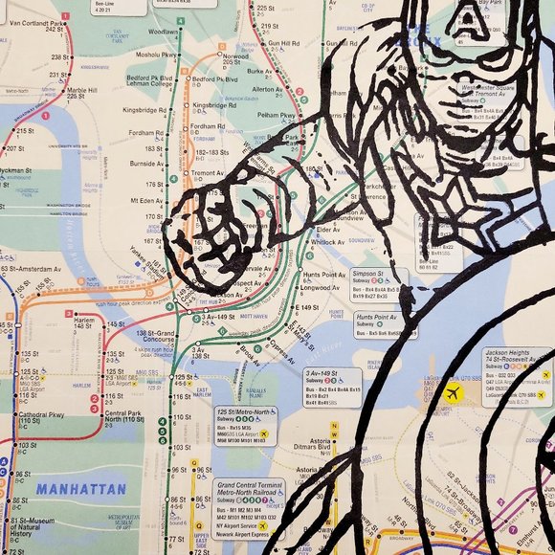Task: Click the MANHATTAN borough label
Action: tap(81, 489)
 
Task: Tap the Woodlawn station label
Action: tap(163, 32)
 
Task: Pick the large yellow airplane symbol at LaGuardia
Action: tap(453, 392)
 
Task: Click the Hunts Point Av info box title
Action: tap(375, 317)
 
